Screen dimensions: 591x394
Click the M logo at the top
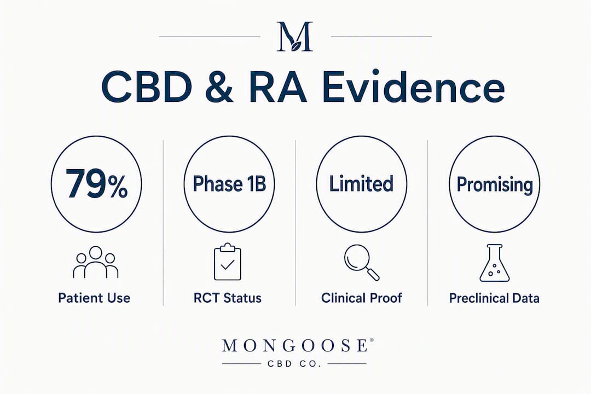295,36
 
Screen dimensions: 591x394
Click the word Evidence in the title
414,87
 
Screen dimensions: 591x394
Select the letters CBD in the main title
147,88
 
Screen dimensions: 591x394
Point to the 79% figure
96,184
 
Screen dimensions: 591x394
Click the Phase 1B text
229,184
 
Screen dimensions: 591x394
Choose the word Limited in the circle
361,184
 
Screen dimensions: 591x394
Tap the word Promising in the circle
495,185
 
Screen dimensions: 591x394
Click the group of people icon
96,263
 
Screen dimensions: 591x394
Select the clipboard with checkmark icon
228,262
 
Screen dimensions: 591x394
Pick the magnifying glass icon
362,263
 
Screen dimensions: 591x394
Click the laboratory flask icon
495,263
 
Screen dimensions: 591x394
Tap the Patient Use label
94,298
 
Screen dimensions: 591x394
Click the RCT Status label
228,298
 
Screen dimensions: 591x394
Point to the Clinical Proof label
362,298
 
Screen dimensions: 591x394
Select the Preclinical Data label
494,298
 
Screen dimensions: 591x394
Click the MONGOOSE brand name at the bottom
295,345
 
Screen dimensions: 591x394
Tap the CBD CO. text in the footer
294,364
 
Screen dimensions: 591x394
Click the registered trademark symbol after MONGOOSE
372,340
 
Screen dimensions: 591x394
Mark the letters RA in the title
278,88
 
